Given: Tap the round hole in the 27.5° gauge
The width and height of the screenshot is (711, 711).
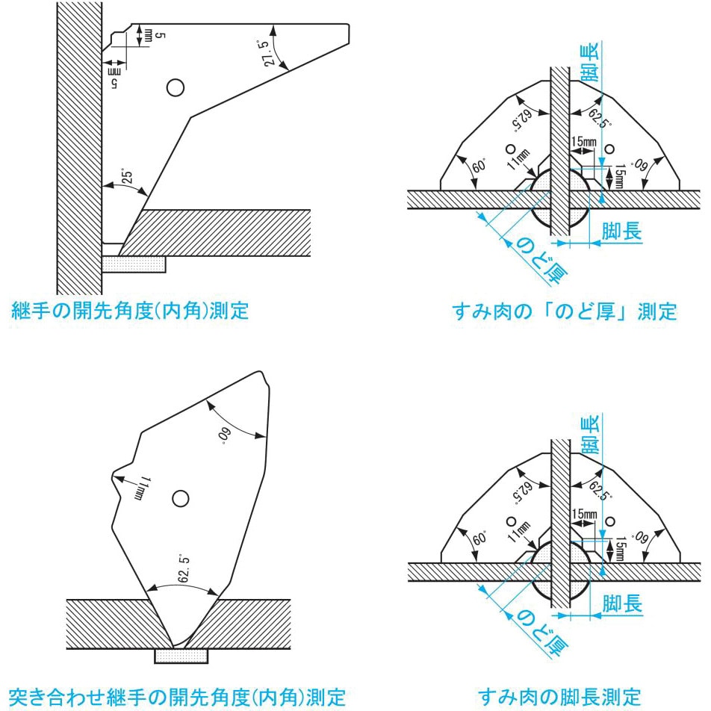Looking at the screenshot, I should click(175, 87).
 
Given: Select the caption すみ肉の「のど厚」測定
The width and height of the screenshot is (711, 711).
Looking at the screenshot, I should click(565, 311).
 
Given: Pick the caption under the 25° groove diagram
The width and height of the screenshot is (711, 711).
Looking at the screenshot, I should click(130, 311).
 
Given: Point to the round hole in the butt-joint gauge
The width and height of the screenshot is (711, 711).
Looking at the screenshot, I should click(179, 498).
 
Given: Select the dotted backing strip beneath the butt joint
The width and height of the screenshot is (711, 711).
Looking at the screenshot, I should click(181, 655).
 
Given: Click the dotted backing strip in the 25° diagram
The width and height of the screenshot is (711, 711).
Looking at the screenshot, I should click(134, 264).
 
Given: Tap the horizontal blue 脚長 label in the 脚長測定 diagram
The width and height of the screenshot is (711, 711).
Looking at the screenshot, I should click(621, 603).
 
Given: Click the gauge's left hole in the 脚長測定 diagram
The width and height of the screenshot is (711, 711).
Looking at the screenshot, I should click(511, 521).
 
